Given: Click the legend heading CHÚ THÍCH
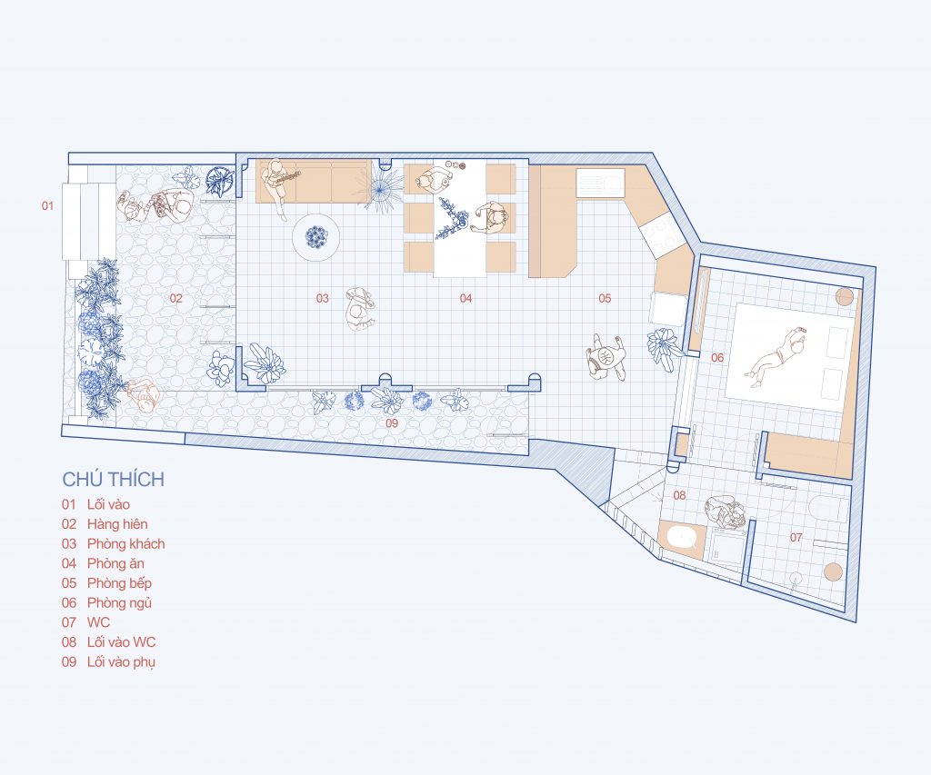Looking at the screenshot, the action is [x=114, y=479].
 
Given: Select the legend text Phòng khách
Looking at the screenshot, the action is [x=125, y=543].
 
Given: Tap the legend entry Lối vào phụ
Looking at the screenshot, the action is [x=121, y=661].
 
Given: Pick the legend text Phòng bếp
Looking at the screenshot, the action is [x=119, y=583].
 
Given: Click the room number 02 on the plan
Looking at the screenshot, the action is [x=176, y=298].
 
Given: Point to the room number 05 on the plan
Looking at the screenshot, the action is [x=605, y=298].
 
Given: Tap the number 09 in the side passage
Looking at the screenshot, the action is [x=392, y=423].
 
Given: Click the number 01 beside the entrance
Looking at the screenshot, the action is [x=47, y=206].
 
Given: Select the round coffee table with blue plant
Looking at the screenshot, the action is [x=316, y=237].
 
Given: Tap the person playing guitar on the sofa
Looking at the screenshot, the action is [x=278, y=184].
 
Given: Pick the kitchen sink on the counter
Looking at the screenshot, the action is [x=600, y=183].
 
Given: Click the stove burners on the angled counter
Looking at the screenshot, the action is [x=662, y=234].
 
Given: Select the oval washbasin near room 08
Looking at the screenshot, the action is [x=681, y=538].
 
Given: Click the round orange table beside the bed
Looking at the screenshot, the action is [x=845, y=296].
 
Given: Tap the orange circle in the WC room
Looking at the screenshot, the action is [x=834, y=571].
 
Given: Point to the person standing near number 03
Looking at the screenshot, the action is [x=358, y=309].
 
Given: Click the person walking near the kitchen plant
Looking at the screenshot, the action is [x=606, y=357].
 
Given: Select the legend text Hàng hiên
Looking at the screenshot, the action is [x=117, y=524].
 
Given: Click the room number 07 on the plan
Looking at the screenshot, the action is [x=796, y=538].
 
